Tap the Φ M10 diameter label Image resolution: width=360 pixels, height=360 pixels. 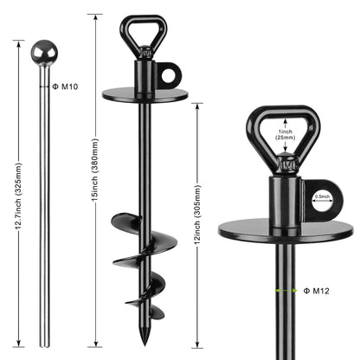67,86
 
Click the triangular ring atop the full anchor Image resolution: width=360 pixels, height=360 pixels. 144,31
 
